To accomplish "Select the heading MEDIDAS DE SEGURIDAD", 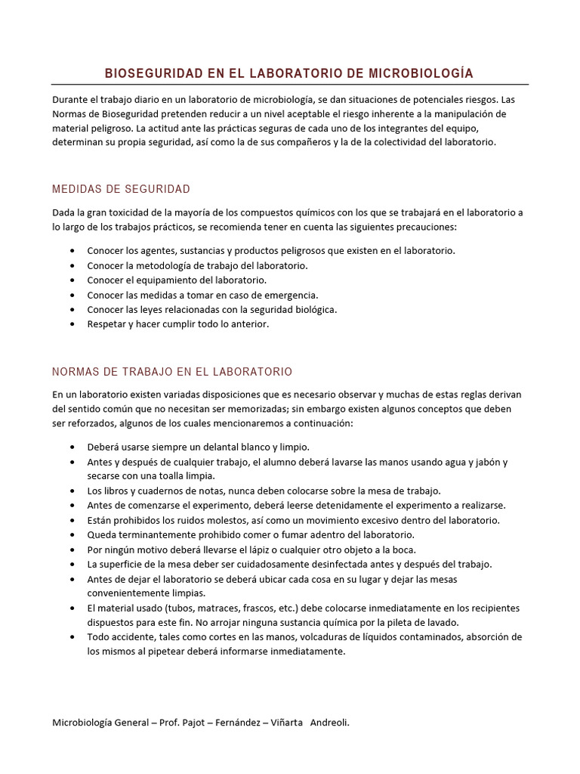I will click(121, 188).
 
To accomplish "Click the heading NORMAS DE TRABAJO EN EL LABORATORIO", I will click(172, 372).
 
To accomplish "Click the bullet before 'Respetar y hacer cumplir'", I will click(72, 324).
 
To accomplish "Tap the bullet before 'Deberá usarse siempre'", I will click(72, 447).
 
